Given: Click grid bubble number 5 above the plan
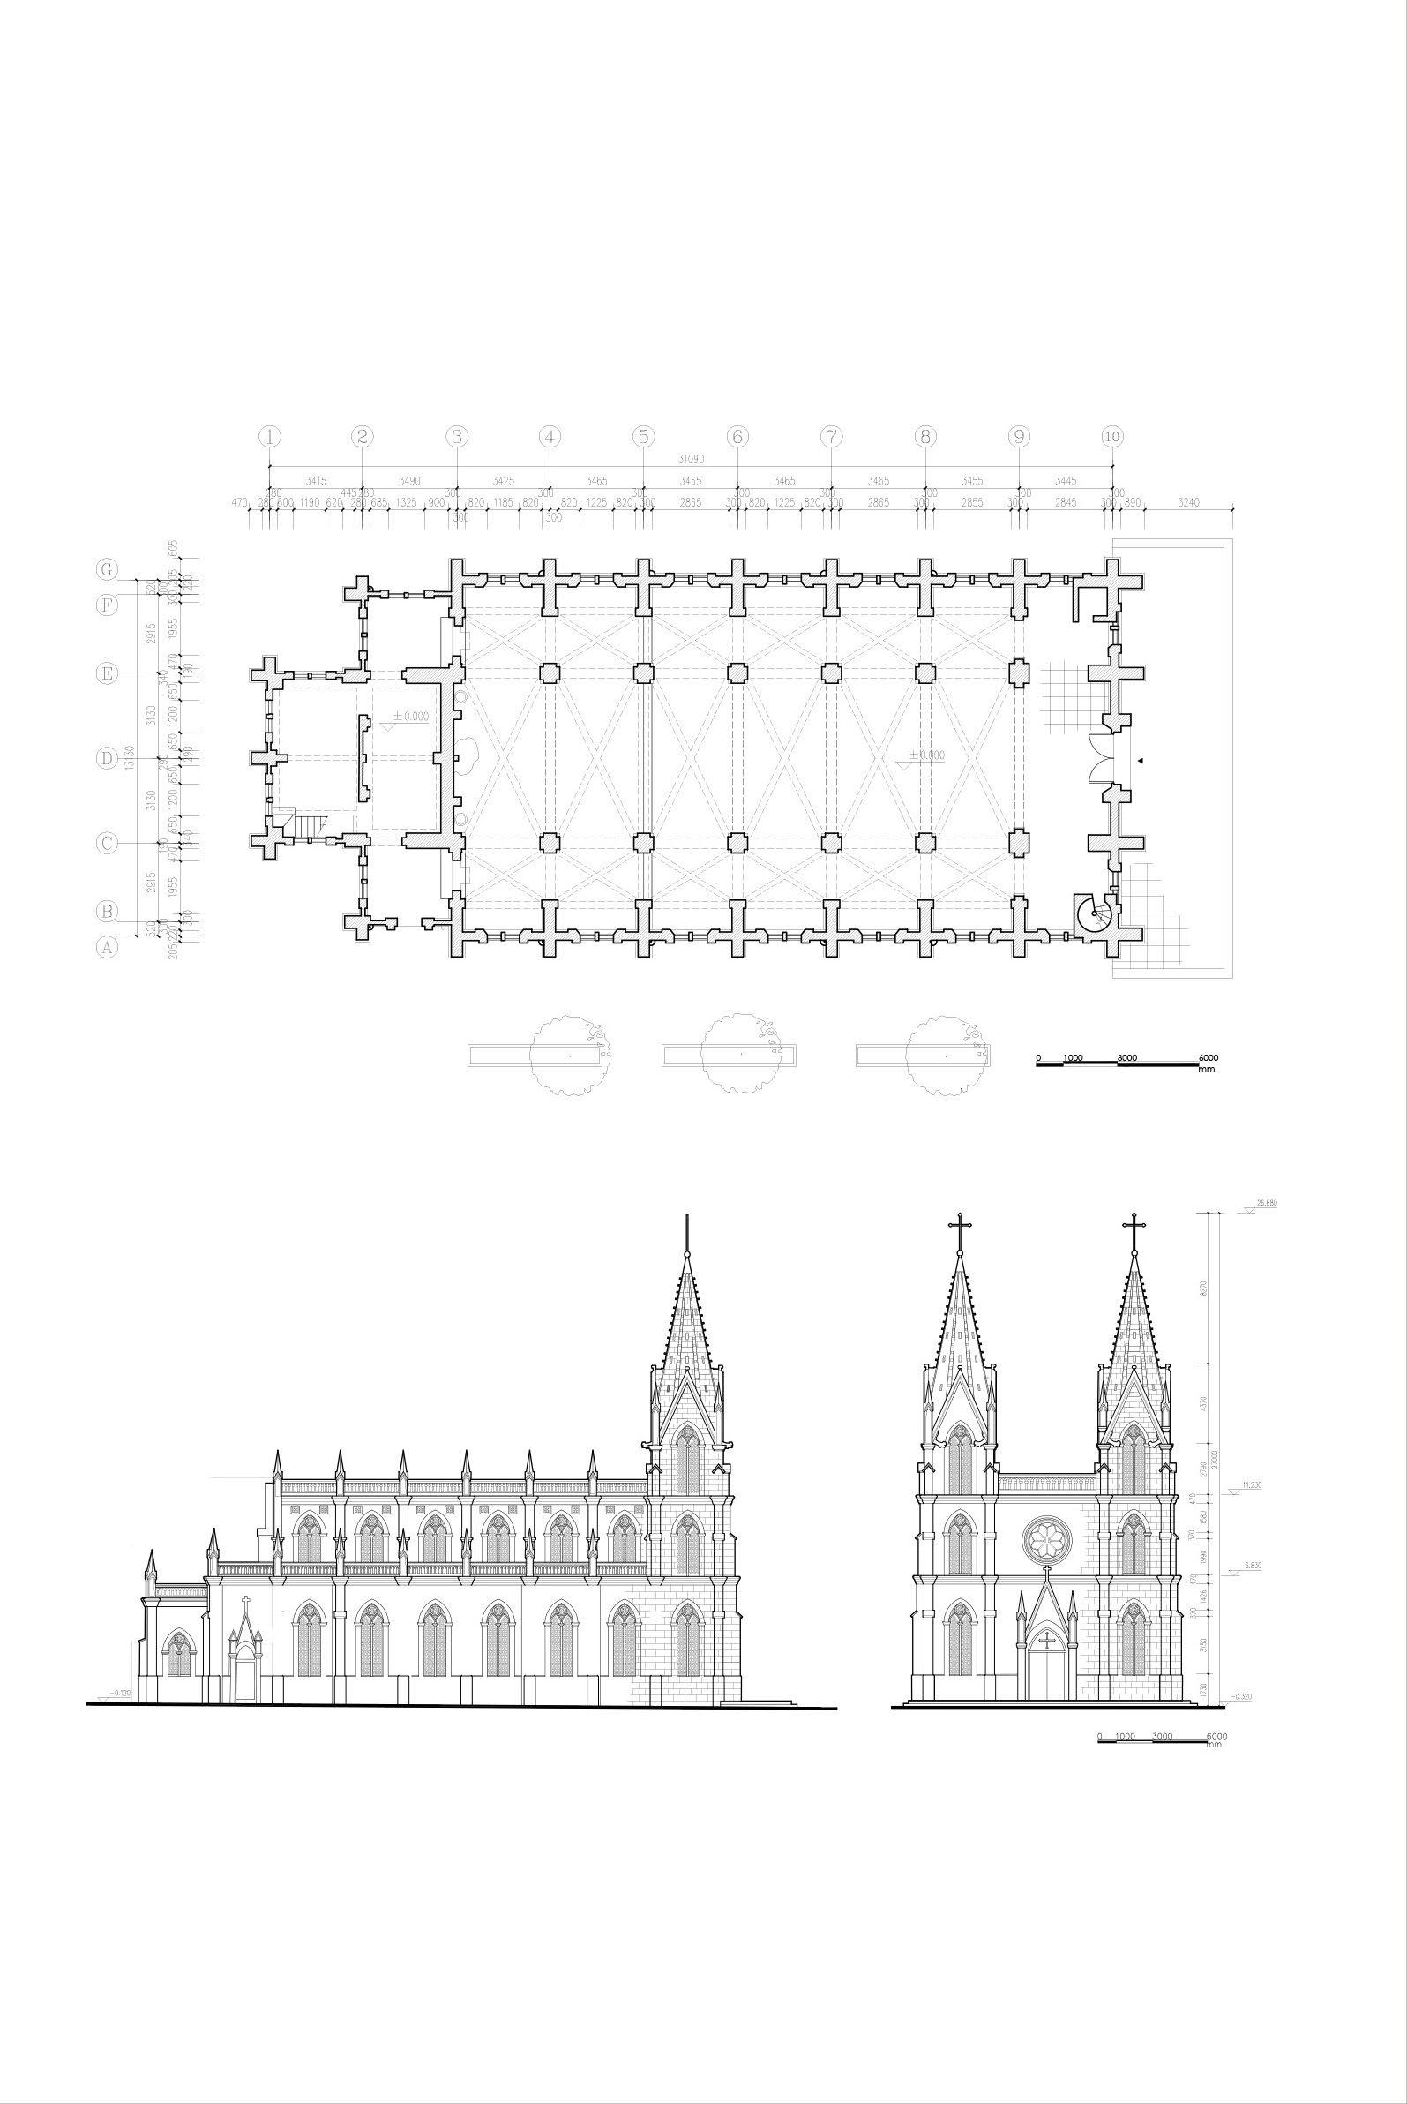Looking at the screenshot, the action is pyautogui.click(x=643, y=436).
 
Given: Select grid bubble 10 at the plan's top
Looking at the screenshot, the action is pyautogui.click(x=1111, y=436).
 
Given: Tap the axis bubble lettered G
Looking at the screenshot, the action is pyautogui.click(x=108, y=569).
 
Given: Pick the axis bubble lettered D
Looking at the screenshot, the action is pyautogui.click(x=107, y=758).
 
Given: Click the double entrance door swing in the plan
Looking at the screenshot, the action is pyautogui.click(x=1100, y=758).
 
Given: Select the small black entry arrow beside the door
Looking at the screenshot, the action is pyautogui.click(x=1140, y=760).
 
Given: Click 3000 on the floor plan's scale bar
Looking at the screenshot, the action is pyautogui.click(x=1126, y=1058).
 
